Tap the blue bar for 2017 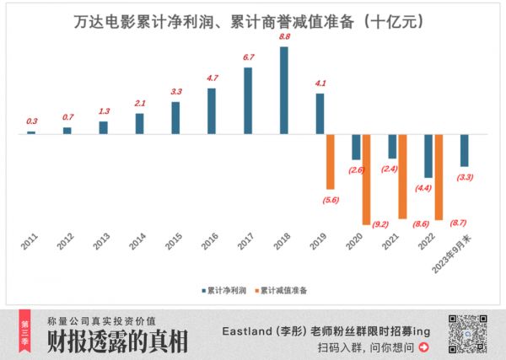click(248, 100)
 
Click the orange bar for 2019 click(331, 161)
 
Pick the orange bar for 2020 click(367, 179)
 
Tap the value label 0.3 click(31, 121)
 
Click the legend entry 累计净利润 click(224, 289)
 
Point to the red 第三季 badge click(24, 331)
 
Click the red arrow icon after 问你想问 click(423, 347)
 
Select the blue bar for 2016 click(212, 110)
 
